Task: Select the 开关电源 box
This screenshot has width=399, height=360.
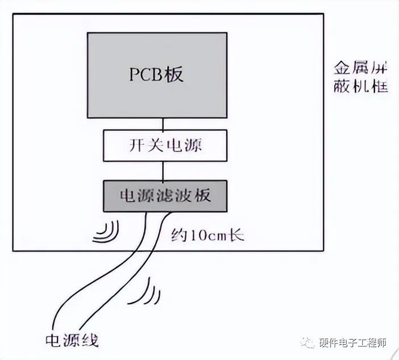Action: click(x=163, y=145)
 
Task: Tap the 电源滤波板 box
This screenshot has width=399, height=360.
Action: click(x=163, y=195)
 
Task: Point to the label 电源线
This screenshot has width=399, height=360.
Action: click(x=72, y=340)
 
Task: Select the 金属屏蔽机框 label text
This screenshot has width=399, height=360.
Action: click(x=361, y=79)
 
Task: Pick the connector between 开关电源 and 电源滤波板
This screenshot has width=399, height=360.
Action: click(x=163, y=170)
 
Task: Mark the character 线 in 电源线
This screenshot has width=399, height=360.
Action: click(x=90, y=340)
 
